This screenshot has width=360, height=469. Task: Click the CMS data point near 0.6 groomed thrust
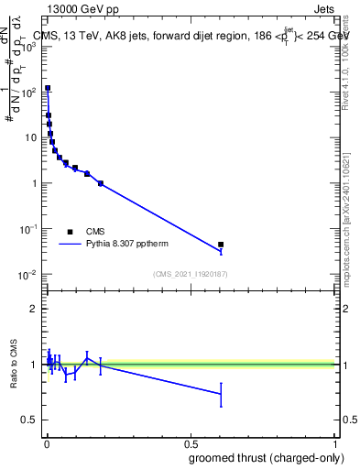[221, 245]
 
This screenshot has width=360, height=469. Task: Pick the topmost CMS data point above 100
[48, 89]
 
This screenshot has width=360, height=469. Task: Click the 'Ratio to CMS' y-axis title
[15, 365]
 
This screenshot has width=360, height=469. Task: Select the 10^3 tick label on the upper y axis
[29, 47]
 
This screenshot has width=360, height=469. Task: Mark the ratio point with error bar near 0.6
[221, 394]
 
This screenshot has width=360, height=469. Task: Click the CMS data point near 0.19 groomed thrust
[101, 183]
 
